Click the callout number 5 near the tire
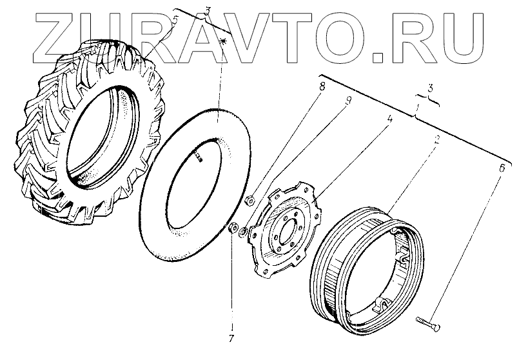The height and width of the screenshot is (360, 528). pos(175,21)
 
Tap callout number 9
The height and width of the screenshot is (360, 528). pos(348,101)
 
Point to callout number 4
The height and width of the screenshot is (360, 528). pos(389,119)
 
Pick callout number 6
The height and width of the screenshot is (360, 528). pos(502,168)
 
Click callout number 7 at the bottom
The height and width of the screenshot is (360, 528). pos(231,339)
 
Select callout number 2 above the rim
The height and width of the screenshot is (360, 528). pos(436,139)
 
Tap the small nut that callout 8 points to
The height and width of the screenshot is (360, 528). pos(250,200)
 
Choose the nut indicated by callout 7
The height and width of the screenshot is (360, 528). pos(232,228)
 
